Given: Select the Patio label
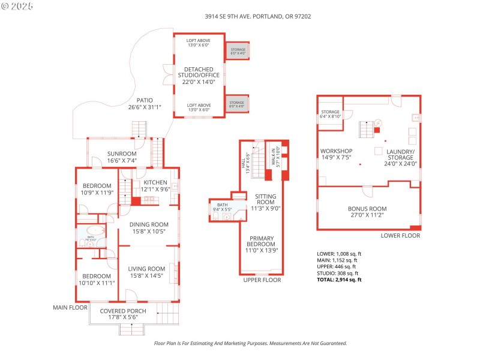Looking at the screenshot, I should [145, 104].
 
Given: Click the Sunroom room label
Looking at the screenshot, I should [122, 157].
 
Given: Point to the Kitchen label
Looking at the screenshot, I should [155, 185].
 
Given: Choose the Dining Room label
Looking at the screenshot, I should [148, 228].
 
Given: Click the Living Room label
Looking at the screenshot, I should [148, 272].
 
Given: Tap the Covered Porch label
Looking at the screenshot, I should [119, 314].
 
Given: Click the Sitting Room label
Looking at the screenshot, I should [265, 202].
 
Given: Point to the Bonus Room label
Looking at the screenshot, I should [367, 212].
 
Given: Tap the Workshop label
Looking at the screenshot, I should [336, 154].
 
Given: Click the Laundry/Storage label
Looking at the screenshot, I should [400, 157].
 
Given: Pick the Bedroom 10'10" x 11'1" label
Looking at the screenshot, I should [97, 279].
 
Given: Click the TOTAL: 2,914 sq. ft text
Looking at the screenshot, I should [340, 280].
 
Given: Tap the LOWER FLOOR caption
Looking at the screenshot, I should [400, 236].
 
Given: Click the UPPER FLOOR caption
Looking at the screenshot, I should [262, 280].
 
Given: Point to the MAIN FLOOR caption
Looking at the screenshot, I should [71, 307].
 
